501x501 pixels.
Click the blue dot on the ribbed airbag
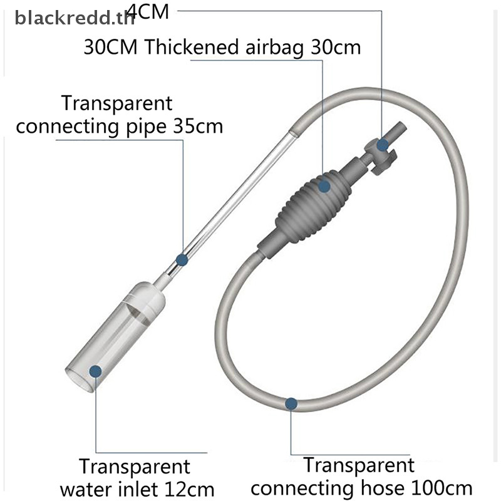click(324, 186)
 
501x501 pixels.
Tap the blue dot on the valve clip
click(382, 145)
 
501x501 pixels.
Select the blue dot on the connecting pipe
click(182, 259)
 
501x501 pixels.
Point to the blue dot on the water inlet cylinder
click(96, 371)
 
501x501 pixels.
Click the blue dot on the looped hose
click(291, 403)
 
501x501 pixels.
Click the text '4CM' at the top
click(148, 12)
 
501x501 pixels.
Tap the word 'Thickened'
click(192, 47)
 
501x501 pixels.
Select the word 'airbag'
click(274, 48)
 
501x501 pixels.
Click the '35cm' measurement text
click(198, 127)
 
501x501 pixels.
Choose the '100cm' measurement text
click(442, 488)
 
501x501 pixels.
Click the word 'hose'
click(382, 488)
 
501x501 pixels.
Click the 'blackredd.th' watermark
click(75, 18)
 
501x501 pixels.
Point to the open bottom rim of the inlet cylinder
click(80, 380)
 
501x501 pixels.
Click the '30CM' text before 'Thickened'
click(111, 48)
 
